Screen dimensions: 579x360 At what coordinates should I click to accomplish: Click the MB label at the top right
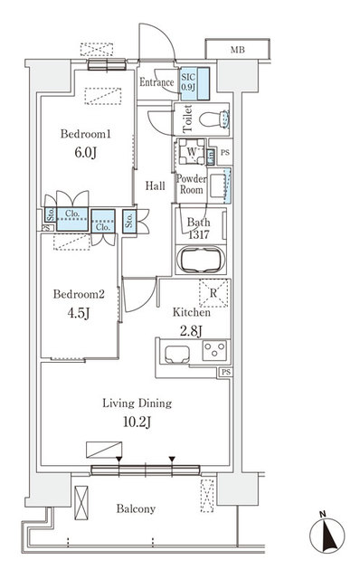click(236, 50)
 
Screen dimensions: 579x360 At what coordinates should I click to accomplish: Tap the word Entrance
click(156, 83)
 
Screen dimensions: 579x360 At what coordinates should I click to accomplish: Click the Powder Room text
click(192, 184)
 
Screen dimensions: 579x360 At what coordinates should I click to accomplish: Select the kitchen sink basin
click(176, 352)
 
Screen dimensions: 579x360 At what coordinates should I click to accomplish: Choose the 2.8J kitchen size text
click(192, 331)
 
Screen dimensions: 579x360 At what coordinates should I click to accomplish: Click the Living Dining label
click(137, 403)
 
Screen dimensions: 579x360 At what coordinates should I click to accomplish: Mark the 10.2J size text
click(137, 422)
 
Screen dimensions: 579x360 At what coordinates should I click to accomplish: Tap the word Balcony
click(136, 509)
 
